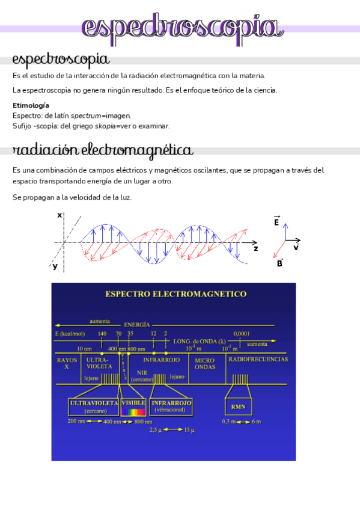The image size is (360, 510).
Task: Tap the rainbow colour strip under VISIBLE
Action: tap(133, 412)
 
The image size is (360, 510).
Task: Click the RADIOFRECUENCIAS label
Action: tap(258, 359)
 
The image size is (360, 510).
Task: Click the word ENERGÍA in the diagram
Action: tap(137, 324)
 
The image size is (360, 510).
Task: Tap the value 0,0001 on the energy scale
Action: tap(242, 333)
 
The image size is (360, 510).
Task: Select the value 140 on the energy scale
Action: tap(102, 333)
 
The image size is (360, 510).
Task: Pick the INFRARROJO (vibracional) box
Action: tap(172, 406)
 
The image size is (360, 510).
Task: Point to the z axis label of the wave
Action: tap(256, 248)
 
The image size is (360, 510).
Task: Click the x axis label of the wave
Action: tap(59, 215)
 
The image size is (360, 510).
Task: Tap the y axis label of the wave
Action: tap(55, 266)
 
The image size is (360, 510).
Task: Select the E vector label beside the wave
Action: tap(276, 222)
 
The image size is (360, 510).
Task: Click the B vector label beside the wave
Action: tap(279, 263)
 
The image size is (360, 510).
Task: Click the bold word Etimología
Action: tap(31, 105)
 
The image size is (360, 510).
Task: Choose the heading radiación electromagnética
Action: tap(103, 150)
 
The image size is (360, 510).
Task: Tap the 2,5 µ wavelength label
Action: tap(156, 429)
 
